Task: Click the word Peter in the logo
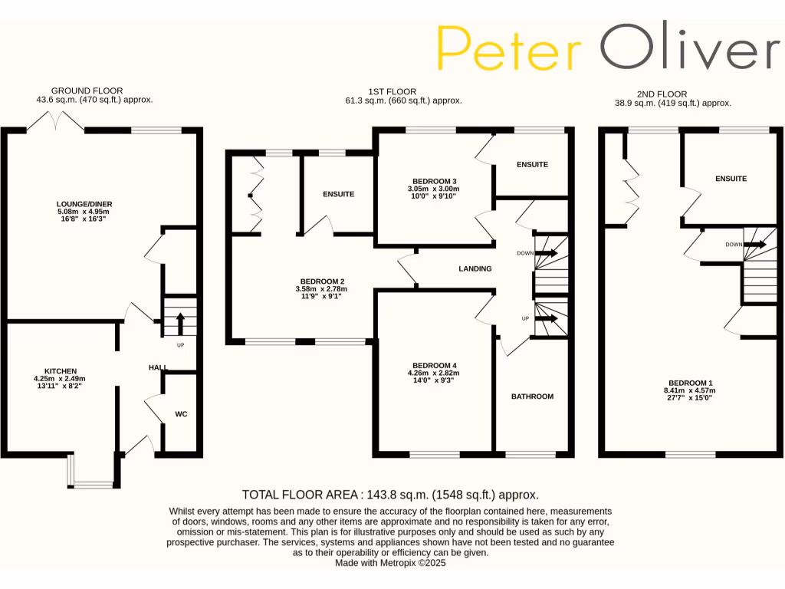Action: pos(509,48)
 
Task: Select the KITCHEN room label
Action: pos(60,371)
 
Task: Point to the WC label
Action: pos(181,414)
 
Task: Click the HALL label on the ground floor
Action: pos(158,368)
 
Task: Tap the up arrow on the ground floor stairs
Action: pos(180,321)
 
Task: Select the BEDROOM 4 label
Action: pos(434,365)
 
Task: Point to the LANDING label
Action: pos(475,268)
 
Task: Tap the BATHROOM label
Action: pos(532,397)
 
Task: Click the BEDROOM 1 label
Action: pos(690,383)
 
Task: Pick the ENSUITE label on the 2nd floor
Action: pos(731,179)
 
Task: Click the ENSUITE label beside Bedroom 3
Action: pos(532,164)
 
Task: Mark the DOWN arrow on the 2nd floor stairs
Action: pos(754,245)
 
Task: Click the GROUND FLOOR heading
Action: pos(87,90)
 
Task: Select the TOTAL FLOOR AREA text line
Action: pos(390,495)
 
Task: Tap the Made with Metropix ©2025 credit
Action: pos(390,563)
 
